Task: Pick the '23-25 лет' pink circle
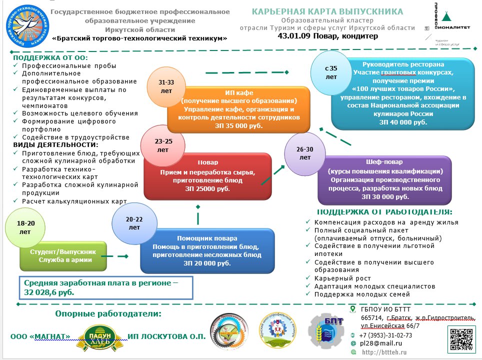coord(163,145)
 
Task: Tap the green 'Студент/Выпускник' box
coord(63,255)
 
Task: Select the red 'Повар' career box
coord(207,175)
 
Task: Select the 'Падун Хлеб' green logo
coord(99,335)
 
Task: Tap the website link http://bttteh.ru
coord(384,352)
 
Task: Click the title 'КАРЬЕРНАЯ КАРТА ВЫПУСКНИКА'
coord(327,11)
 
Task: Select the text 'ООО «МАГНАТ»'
coord(40,336)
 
